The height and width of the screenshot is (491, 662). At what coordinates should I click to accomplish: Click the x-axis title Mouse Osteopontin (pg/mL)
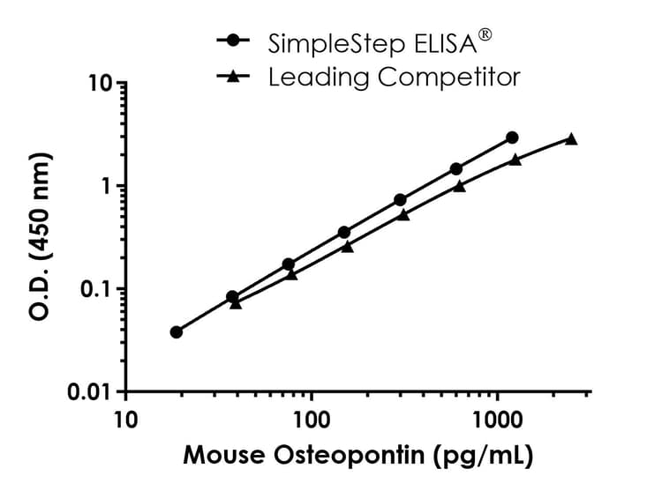pos(357,458)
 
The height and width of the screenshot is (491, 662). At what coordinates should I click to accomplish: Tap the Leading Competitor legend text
pos(394,78)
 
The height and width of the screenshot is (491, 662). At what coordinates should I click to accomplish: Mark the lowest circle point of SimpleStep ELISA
pos(177,332)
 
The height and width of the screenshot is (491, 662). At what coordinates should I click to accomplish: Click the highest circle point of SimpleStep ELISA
pos(512,138)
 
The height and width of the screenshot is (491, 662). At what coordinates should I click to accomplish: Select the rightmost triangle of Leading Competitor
pos(571,138)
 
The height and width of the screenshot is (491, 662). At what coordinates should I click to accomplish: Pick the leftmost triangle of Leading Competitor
pos(236,302)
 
